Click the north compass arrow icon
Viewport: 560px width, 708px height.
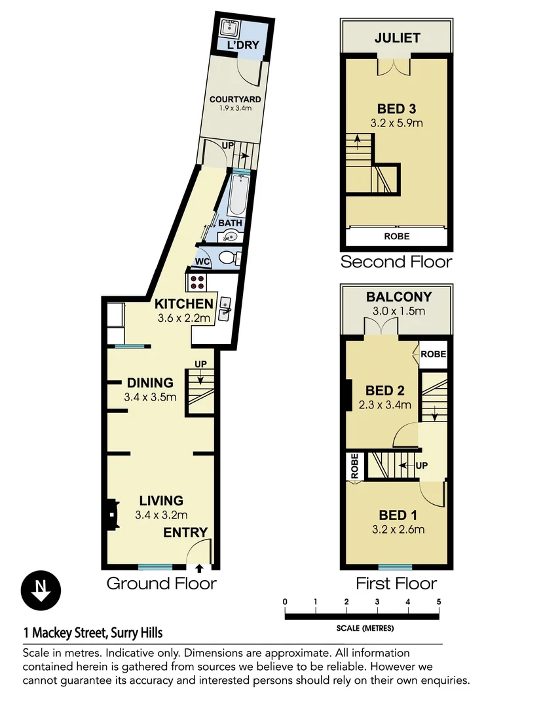coord(41,590)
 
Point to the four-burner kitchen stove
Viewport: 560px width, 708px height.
coord(198,282)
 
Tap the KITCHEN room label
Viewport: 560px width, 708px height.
coord(183,304)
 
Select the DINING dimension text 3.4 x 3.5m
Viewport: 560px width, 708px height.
coord(150,397)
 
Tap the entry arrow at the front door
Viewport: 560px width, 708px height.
coord(199,568)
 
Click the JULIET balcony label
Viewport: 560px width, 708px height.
coord(397,38)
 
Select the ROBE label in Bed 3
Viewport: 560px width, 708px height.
coord(397,237)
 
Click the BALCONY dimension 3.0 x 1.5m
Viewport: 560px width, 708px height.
coord(396,311)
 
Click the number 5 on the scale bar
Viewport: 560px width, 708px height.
coord(438,602)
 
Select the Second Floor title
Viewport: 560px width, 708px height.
coord(396,262)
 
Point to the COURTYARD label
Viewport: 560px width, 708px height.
coord(235,100)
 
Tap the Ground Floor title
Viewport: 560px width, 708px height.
coord(161,583)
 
